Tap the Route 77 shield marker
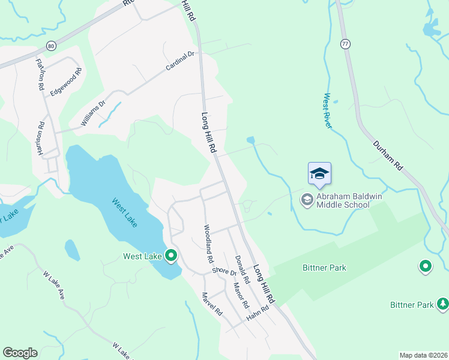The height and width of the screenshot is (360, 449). coord(345,44)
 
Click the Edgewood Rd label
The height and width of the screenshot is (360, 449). coord(66,82)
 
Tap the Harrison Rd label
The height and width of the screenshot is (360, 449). coord(41,139)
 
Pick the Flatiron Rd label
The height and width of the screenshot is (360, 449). coord(40,74)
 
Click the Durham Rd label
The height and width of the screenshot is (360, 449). coord(387,154)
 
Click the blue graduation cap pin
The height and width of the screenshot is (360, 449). coord(319,174)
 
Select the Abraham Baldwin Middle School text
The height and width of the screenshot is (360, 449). coord(343,200)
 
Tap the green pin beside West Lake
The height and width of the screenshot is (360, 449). coord(171,256)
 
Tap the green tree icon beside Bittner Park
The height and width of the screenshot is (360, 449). coord(443,304)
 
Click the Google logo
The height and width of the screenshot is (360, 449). coord(20,353)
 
